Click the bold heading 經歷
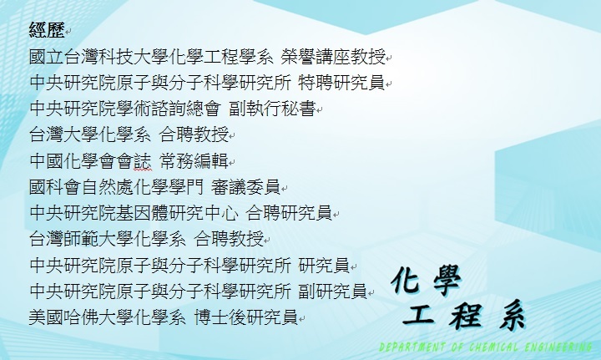pyautogui.click(x=47, y=29)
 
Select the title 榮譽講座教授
pyautogui.click(x=333, y=57)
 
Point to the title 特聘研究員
pyautogui.click(x=341, y=83)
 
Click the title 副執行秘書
pyautogui.click(x=272, y=109)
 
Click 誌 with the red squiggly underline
pyautogui.click(x=143, y=161)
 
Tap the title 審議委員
pyautogui.click(x=245, y=187)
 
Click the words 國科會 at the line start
pyautogui.click(x=55, y=187)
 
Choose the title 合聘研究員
pyautogui.click(x=289, y=213)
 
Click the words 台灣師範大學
pyautogui.click(x=81, y=239)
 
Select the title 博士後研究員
pyautogui.click(x=245, y=317)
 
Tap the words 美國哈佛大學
pyautogui.click(x=81, y=317)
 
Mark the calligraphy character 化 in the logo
pyautogui.click(x=406, y=280)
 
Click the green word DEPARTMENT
pyautogui.click(x=412, y=347)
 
